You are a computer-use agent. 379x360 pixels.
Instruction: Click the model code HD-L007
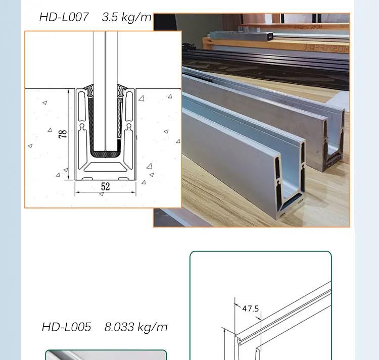point(64,17)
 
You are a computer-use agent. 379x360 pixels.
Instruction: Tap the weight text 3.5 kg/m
point(126,17)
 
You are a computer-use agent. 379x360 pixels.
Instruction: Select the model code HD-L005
point(66,327)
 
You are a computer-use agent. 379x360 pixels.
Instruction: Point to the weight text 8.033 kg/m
point(136,327)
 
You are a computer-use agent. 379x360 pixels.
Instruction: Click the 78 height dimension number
point(63,134)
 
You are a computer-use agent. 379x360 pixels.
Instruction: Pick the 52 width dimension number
point(105,187)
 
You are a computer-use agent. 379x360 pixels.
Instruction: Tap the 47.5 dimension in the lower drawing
point(250,308)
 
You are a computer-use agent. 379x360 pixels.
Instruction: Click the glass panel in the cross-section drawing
point(105,91)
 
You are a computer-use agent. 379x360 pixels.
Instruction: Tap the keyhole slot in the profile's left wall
point(81,126)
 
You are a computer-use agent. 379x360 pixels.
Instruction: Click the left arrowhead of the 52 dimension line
point(77,193)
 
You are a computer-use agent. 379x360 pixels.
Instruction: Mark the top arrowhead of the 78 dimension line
point(68,91)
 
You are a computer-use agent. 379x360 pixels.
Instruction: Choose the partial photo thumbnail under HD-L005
point(106,355)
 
